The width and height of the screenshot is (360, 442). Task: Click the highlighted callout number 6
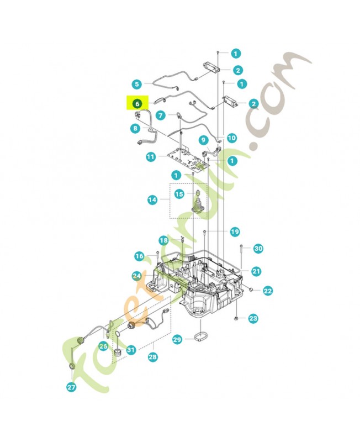pos(137,103)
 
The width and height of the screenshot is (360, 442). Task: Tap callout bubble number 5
pos(137,84)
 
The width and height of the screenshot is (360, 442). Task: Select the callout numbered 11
pos(151,157)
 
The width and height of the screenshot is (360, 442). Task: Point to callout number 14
pos(152,199)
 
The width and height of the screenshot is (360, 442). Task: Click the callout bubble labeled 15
pos(179,194)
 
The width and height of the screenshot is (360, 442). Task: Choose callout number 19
pos(235,231)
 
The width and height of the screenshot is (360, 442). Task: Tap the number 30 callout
pos(258,248)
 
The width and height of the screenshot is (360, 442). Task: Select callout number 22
pos(268,291)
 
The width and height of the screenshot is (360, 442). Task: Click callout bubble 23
pos(253,318)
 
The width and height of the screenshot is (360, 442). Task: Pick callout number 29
pos(177,339)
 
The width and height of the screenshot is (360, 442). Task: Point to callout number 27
pos(71,387)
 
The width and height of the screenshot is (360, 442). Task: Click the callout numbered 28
pos(152,357)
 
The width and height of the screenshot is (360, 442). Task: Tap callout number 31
pos(131,350)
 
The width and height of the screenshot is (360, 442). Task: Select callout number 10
pos(231,138)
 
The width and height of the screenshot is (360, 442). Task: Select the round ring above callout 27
pos(72,366)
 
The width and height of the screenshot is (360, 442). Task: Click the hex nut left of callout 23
pos(236,318)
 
